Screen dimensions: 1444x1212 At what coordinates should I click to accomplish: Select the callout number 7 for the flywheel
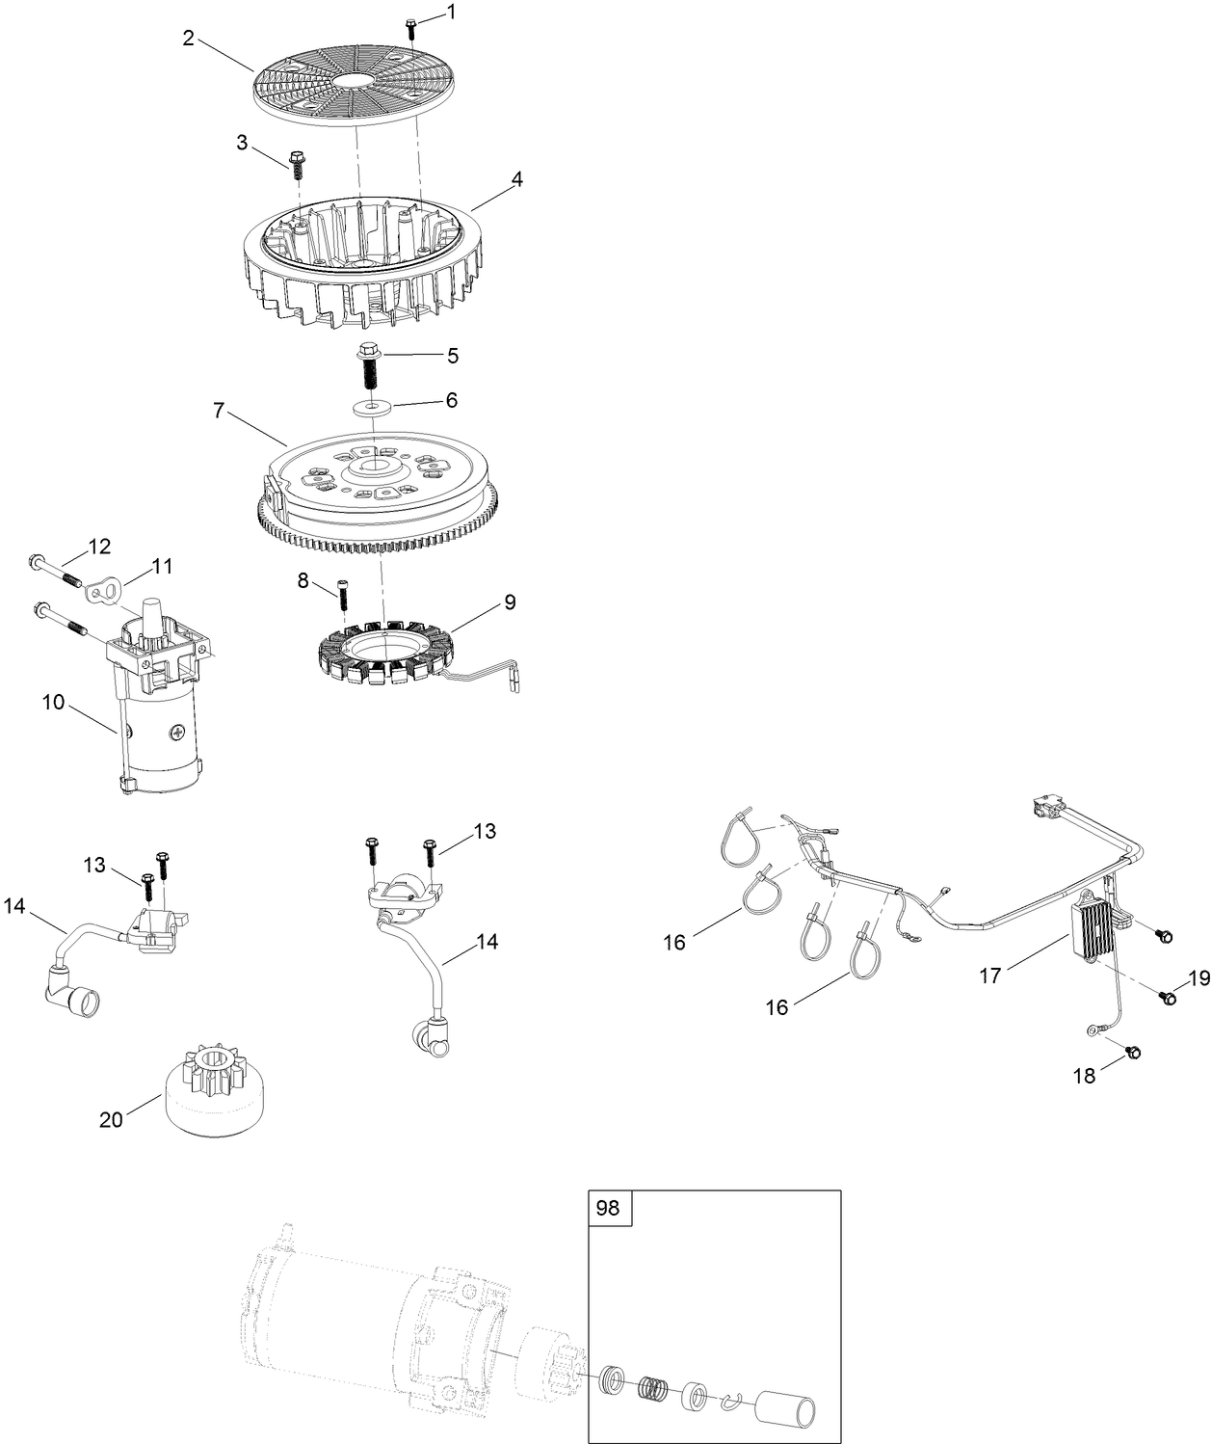(219, 412)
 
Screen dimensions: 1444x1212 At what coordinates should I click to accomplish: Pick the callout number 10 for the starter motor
(53, 702)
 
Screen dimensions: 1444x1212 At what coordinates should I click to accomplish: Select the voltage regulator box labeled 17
(1091, 932)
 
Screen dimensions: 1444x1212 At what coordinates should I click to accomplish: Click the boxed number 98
(609, 1208)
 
